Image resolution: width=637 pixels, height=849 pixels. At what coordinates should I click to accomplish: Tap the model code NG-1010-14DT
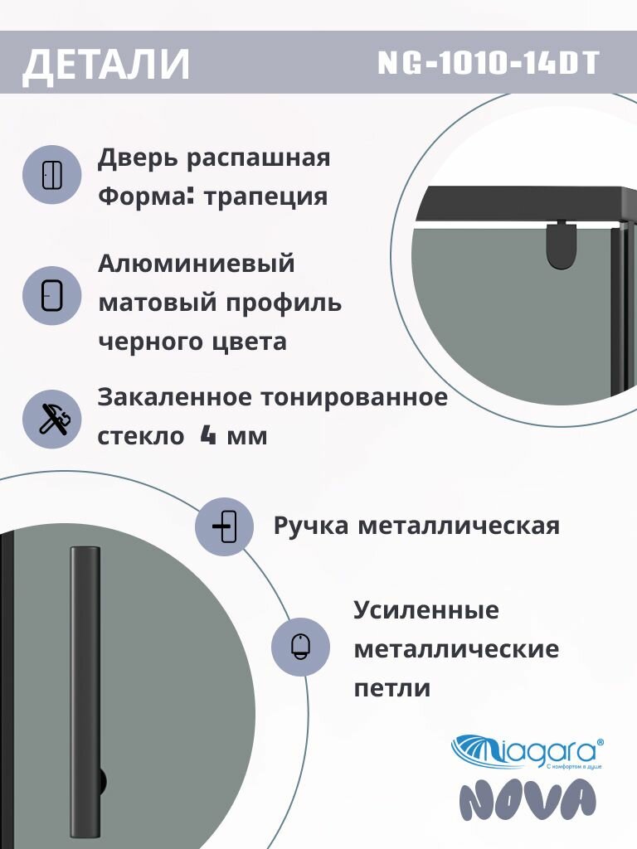[x=489, y=63]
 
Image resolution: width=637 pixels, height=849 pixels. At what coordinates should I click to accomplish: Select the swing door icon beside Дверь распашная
[x=51, y=175]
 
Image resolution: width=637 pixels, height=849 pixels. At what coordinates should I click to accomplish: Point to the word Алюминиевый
[x=197, y=264]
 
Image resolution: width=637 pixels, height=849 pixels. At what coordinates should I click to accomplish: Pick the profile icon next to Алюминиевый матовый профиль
[x=51, y=294]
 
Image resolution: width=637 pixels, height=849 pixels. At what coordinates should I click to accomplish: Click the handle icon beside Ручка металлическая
[x=224, y=526]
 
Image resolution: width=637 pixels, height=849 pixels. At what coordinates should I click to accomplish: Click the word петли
[x=391, y=687]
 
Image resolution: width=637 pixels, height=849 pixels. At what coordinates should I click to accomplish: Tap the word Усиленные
[x=426, y=611]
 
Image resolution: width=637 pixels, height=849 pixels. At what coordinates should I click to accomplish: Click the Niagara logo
[x=527, y=750]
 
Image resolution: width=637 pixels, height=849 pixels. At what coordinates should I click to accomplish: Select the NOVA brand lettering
[x=528, y=802]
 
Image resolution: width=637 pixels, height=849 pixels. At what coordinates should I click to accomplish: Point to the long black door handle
[x=85, y=680]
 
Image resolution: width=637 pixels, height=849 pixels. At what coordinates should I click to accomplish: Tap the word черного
[x=153, y=341]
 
